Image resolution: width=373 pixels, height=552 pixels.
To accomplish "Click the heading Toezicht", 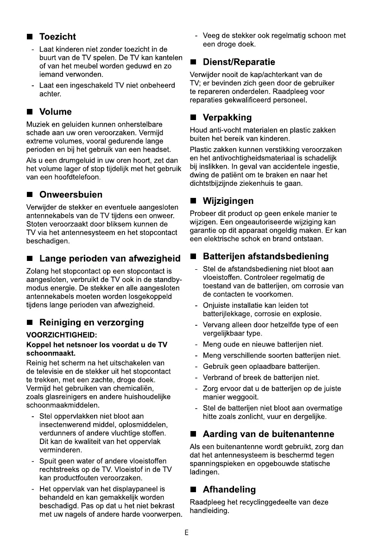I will [x=57, y=37].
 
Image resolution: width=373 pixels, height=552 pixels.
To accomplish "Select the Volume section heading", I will [x=56, y=112].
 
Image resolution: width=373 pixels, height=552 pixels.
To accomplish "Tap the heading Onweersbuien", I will [x=71, y=195].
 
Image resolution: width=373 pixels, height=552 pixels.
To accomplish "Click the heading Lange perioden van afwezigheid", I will [x=110, y=259].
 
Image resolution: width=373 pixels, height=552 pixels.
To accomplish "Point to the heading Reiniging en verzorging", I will [x=91, y=323].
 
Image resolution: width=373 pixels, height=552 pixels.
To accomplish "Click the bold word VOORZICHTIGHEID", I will [x=62, y=335].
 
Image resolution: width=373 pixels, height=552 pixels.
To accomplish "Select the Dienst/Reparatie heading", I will [x=239, y=62].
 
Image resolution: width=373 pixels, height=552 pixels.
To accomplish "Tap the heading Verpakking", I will [x=227, y=118].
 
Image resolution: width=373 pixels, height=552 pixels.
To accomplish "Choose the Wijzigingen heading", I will [x=228, y=201].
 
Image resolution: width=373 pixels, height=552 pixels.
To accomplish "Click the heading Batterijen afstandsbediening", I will [x=266, y=256].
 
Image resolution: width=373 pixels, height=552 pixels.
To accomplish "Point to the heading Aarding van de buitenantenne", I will [x=268, y=434].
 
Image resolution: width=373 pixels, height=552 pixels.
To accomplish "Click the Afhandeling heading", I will [x=229, y=490].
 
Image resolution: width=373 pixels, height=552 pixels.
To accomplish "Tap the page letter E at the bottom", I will [x=186, y=533].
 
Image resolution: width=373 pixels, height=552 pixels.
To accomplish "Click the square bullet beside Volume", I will [x=30, y=112].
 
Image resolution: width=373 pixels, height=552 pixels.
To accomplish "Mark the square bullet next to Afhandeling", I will [x=194, y=490].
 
